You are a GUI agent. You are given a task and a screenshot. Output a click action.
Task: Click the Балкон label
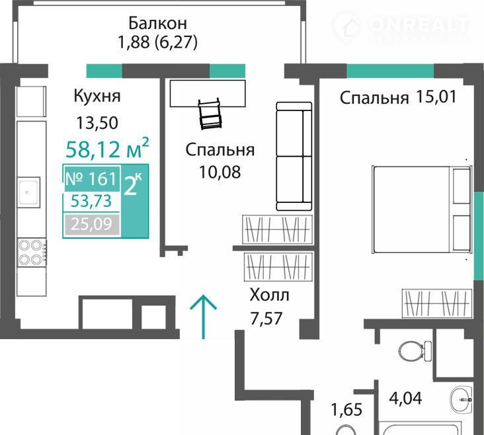point(158,23)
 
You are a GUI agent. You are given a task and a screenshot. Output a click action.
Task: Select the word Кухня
point(97,96)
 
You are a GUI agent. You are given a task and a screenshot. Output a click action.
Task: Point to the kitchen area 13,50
point(97,122)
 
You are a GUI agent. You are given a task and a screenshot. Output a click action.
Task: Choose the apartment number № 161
point(91,178)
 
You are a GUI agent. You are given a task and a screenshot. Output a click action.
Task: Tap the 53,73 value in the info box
point(91,201)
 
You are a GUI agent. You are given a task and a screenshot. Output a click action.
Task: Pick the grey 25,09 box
point(91,224)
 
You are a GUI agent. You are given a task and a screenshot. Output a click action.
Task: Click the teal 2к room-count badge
point(135,201)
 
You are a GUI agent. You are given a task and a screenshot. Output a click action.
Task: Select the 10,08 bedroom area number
point(220,172)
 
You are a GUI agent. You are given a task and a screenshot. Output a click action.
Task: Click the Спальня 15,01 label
point(398,98)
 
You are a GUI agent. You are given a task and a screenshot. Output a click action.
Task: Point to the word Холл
point(270,295)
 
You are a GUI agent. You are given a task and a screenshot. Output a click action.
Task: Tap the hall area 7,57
point(266,318)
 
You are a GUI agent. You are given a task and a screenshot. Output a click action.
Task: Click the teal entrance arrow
point(203,317)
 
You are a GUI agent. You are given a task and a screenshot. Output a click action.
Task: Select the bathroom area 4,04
point(405,398)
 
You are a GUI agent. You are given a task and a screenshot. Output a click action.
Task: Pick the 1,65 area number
point(346,410)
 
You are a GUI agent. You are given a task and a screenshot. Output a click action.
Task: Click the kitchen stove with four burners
point(32,253)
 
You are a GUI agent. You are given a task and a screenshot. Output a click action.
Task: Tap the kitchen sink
point(28,192)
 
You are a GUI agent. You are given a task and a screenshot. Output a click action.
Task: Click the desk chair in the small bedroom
point(210,114)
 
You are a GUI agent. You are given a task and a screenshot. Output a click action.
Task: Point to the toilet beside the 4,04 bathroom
point(415,351)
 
